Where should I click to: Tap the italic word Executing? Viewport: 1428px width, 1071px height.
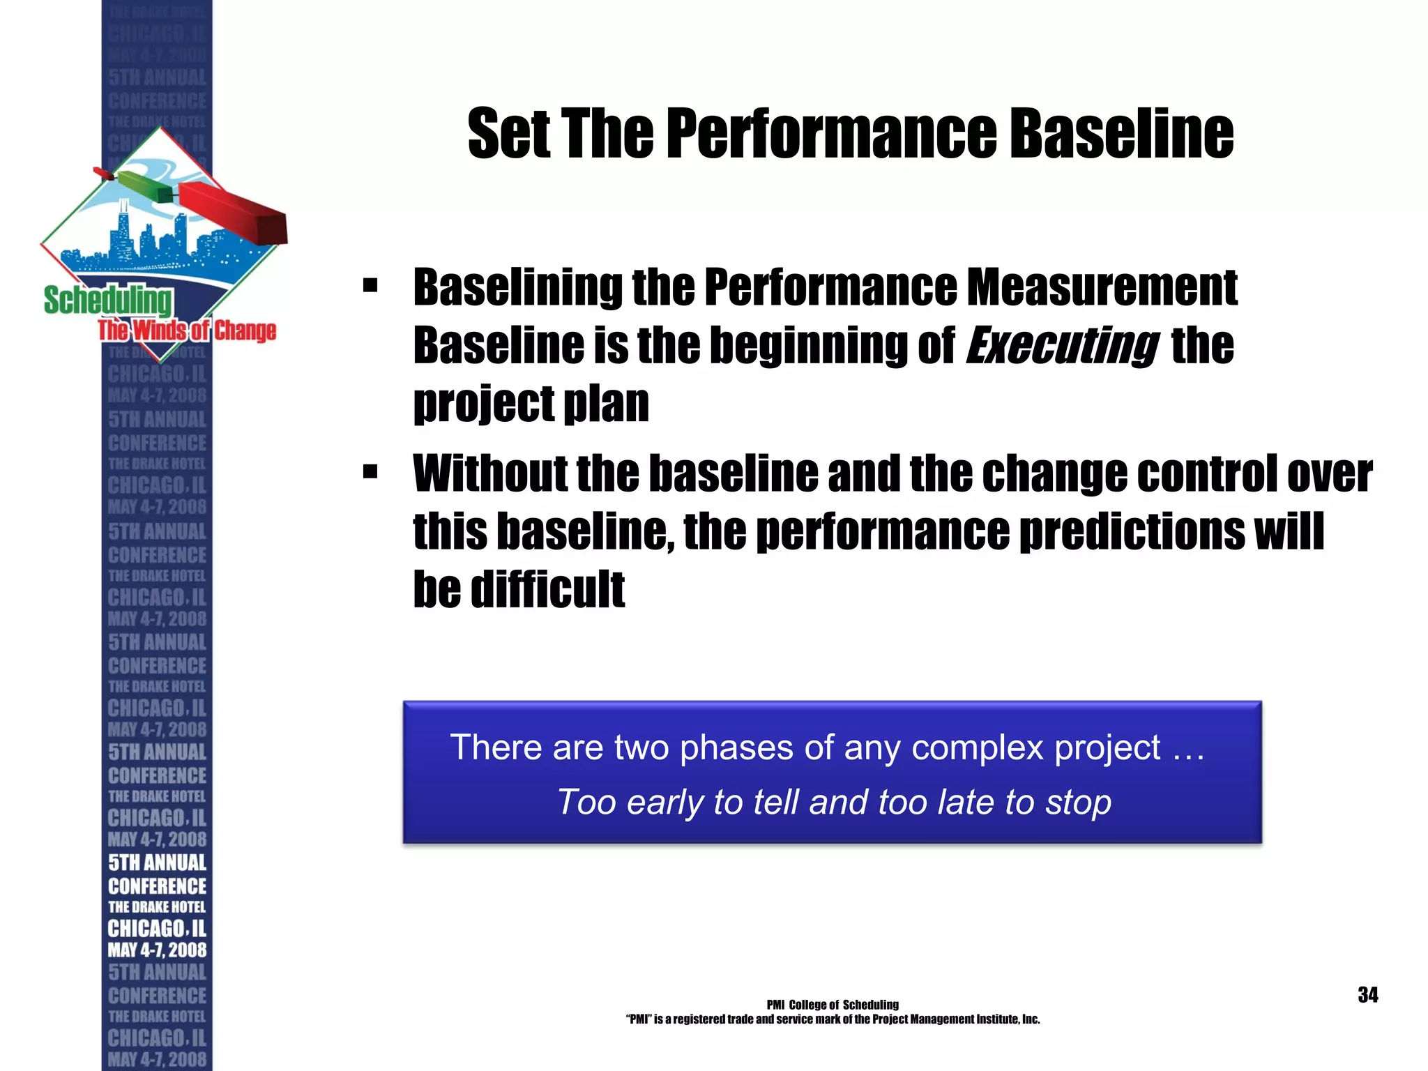pyautogui.click(x=1061, y=346)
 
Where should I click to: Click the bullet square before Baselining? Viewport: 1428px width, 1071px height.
pyautogui.click(x=370, y=286)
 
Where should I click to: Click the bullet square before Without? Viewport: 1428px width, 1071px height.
pyautogui.click(x=370, y=473)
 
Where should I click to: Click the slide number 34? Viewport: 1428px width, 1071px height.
pyautogui.click(x=1367, y=995)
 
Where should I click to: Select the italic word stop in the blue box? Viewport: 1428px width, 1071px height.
pyautogui.click(x=1078, y=802)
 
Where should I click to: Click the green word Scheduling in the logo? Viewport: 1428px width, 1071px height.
pyautogui.click(x=108, y=301)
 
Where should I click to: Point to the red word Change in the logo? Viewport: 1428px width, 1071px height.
pyautogui.click(x=245, y=331)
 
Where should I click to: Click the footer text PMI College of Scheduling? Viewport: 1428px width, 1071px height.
pyautogui.click(x=833, y=1005)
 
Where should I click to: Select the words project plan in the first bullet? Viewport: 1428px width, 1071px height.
pyautogui.click(x=531, y=404)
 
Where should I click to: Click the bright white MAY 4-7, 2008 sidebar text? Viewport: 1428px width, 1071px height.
pyautogui.click(x=157, y=950)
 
